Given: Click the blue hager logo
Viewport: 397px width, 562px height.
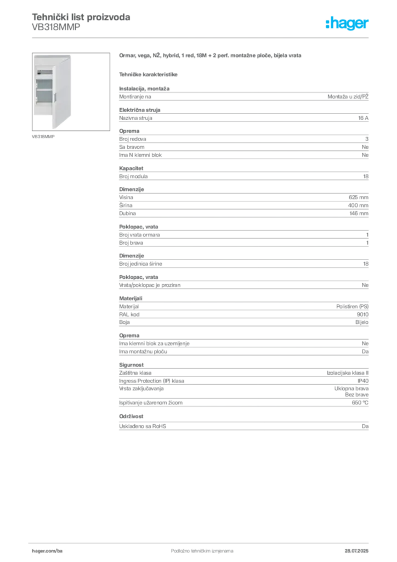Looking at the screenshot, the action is pyautogui.click(x=348, y=24).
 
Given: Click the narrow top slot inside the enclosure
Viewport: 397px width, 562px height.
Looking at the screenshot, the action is pyautogui.click(x=46, y=72).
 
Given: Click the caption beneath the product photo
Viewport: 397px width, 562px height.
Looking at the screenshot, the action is pyautogui.click(x=44, y=136).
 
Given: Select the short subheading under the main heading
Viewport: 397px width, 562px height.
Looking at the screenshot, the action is pyautogui.click(x=149, y=74).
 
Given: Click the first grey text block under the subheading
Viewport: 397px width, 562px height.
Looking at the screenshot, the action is pyautogui.click(x=243, y=97).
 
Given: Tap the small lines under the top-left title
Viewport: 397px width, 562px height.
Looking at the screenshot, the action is pyautogui.click(x=55, y=29).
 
